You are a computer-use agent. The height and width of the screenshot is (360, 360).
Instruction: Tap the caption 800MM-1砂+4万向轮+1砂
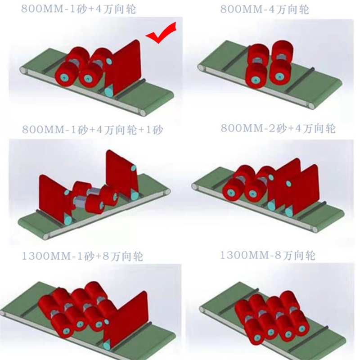(x=92, y=130)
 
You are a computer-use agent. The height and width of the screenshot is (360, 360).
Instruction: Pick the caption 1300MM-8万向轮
(x=268, y=256)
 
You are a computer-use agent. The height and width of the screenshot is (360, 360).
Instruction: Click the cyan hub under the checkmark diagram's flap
(x=108, y=91)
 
